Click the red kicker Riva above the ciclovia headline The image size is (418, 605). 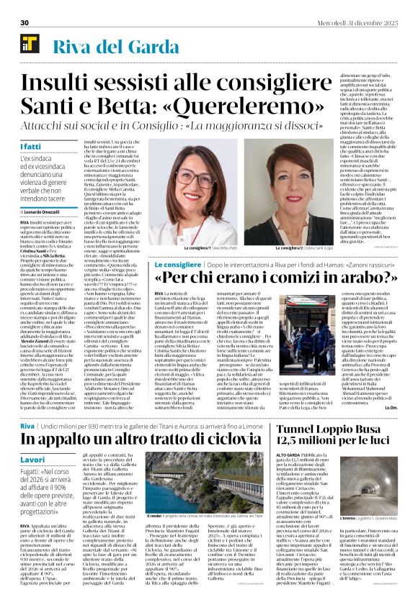click(27, 406)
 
